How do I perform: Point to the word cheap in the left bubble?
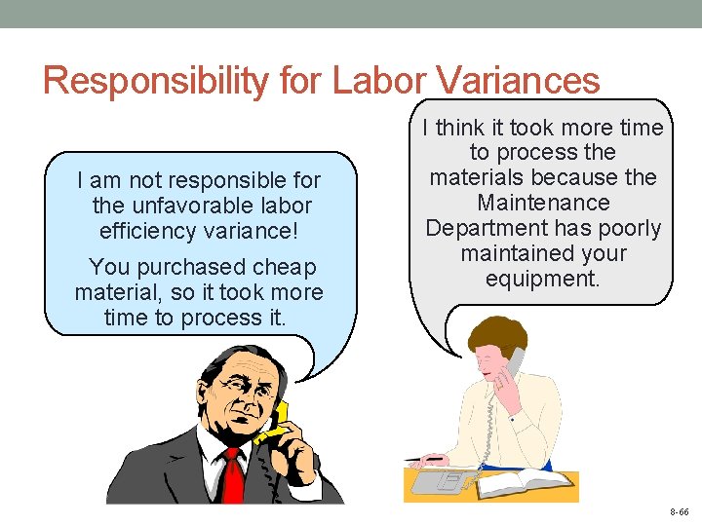tap(284, 267)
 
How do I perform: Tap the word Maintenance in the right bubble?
tap(543, 204)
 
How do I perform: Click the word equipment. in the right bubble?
tap(543, 280)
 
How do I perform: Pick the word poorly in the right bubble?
tap(626, 229)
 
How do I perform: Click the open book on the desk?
tap(527, 481)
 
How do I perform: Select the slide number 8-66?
tap(679, 510)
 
